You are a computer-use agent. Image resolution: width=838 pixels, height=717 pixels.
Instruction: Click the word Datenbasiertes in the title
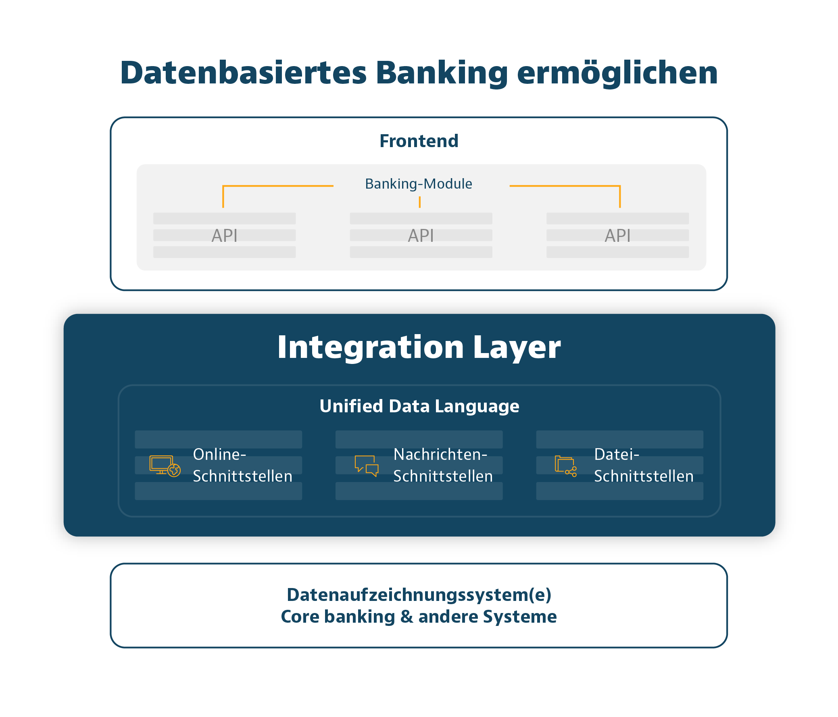[x=243, y=73]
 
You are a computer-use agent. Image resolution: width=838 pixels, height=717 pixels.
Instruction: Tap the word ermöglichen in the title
[x=617, y=73]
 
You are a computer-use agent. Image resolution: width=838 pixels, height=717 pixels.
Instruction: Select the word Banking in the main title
[x=441, y=73]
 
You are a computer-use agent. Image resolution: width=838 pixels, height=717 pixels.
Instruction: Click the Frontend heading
[x=419, y=141]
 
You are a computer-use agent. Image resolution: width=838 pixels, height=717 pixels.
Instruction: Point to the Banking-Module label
[x=419, y=184]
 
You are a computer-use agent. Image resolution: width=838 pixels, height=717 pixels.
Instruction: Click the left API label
[x=225, y=236]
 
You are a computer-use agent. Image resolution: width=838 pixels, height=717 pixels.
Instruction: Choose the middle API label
[x=421, y=236]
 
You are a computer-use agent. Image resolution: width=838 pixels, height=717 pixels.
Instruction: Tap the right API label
[x=617, y=236]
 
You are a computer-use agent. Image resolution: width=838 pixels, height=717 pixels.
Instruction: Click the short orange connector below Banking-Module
[x=420, y=202]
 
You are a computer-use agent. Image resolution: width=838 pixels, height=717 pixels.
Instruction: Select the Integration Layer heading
[x=419, y=347]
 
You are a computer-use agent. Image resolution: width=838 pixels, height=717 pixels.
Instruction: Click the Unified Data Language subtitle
[x=419, y=406]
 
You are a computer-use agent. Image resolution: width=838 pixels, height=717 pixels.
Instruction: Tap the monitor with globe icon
[x=165, y=466]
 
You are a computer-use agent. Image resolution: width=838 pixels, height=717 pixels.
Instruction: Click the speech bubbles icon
[x=367, y=466]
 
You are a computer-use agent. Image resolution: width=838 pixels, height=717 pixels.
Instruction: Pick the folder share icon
[x=565, y=466]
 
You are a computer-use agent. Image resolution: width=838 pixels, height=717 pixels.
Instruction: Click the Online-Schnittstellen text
[x=242, y=465]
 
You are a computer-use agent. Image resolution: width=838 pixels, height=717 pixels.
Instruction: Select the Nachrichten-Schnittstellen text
[x=443, y=465]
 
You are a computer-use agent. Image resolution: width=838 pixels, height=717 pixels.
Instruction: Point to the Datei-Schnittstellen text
[x=644, y=465]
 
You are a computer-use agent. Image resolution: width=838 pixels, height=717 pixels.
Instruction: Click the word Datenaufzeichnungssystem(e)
[x=419, y=595]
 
